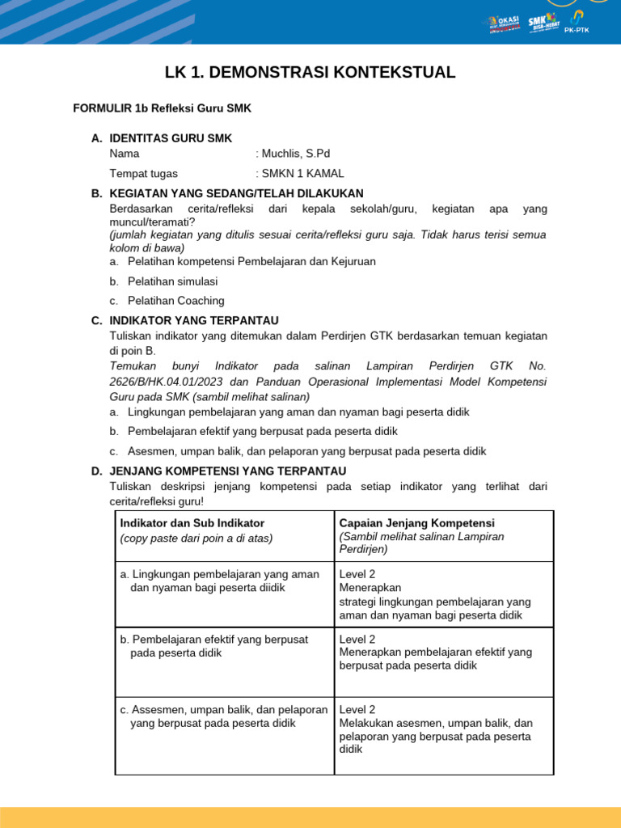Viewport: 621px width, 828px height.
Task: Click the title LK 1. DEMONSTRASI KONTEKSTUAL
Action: pyautogui.click(x=310, y=73)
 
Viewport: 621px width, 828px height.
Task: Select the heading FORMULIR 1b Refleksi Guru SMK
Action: pyautogui.click(x=157, y=108)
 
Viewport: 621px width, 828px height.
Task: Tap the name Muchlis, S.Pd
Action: pyautogui.click(x=295, y=154)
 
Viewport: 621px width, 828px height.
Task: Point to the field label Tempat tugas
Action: pyautogui.click(x=143, y=173)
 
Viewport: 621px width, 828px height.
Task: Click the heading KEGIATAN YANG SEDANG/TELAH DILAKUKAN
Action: pyautogui.click(x=236, y=193)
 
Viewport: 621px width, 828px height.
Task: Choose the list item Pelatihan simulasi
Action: pyautogui.click(x=172, y=281)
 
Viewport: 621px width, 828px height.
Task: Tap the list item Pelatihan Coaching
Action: pyautogui.click(x=175, y=301)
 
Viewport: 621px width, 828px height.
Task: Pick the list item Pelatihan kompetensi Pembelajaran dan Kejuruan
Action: pyautogui.click(x=251, y=262)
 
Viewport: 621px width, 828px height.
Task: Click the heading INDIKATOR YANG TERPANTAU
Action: pyautogui.click(x=194, y=320)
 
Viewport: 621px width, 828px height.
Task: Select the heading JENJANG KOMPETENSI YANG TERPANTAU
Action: pyautogui.click(x=227, y=471)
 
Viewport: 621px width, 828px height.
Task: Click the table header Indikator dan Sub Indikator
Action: pyautogui.click(x=192, y=523)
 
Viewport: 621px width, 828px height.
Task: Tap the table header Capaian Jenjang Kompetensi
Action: pyautogui.click(x=416, y=523)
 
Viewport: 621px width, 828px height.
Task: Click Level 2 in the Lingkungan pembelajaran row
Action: pyautogui.click(x=357, y=574)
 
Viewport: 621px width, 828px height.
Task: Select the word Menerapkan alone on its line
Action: pyautogui.click(x=370, y=588)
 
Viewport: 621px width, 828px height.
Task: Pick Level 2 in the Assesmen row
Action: pyautogui.click(x=357, y=709)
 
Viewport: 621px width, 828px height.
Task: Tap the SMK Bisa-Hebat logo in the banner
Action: pyautogui.click(x=543, y=23)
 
